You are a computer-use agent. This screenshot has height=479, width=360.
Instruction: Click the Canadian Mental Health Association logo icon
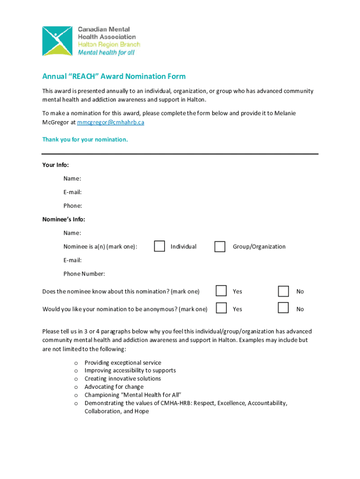[57, 41]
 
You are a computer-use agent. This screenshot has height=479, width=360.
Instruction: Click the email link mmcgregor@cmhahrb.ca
[111, 122]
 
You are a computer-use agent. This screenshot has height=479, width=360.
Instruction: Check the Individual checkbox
[159, 246]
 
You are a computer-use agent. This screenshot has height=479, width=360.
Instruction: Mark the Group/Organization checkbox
[220, 247]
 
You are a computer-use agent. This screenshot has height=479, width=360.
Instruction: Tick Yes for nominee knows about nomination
[221, 291]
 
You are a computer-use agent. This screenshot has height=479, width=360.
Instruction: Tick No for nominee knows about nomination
[283, 291]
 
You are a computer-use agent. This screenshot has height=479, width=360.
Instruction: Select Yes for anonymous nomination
[221, 308]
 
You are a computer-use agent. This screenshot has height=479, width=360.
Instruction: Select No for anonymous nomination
[283, 308]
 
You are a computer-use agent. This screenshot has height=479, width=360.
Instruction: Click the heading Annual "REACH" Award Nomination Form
[114, 76]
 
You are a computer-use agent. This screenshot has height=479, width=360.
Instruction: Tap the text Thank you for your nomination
[85, 139]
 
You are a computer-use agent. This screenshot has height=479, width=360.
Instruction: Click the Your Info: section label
[56, 165]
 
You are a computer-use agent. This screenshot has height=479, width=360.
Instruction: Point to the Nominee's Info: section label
[64, 219]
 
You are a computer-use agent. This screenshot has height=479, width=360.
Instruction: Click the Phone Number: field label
[84, 274]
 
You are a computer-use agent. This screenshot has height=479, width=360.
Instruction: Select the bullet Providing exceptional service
[122, 363]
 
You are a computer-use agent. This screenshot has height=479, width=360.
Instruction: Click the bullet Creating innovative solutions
[122, 378]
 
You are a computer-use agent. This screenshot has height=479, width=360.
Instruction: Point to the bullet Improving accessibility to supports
[130, 370]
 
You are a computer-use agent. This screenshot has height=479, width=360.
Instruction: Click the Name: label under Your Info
[72, 179]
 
